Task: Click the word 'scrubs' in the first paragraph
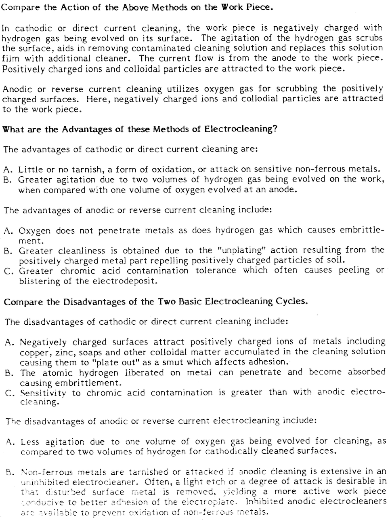(367, 38)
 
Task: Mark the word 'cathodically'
(272, 451)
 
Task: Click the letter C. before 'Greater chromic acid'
(9, 271)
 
